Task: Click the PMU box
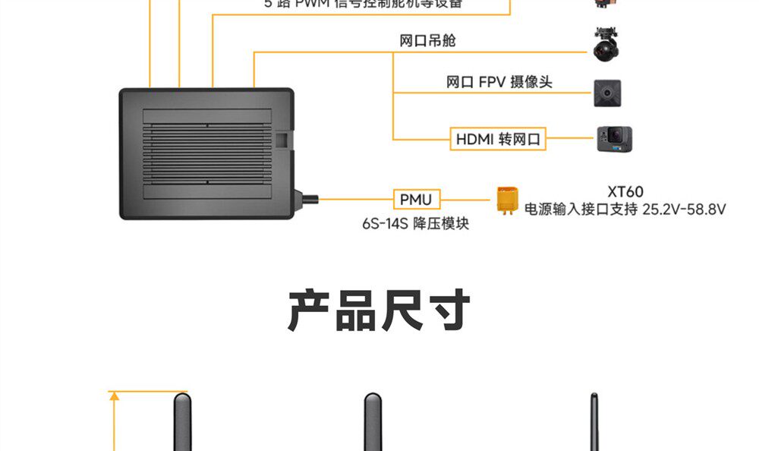point(416,200)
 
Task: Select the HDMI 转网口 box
point(498,139)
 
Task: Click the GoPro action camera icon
point(614,139)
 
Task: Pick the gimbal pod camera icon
point(607,45)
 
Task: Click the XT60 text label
point(625,192)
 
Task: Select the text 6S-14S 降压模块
point(415,224)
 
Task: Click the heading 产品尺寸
point(379,310)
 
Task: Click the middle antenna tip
point(372,402)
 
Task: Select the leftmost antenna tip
point(181,402)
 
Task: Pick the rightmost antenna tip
point(593,402)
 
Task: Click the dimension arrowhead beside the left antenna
point(114,396)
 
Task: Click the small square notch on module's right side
point(282,140)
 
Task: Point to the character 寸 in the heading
point(448,310)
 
